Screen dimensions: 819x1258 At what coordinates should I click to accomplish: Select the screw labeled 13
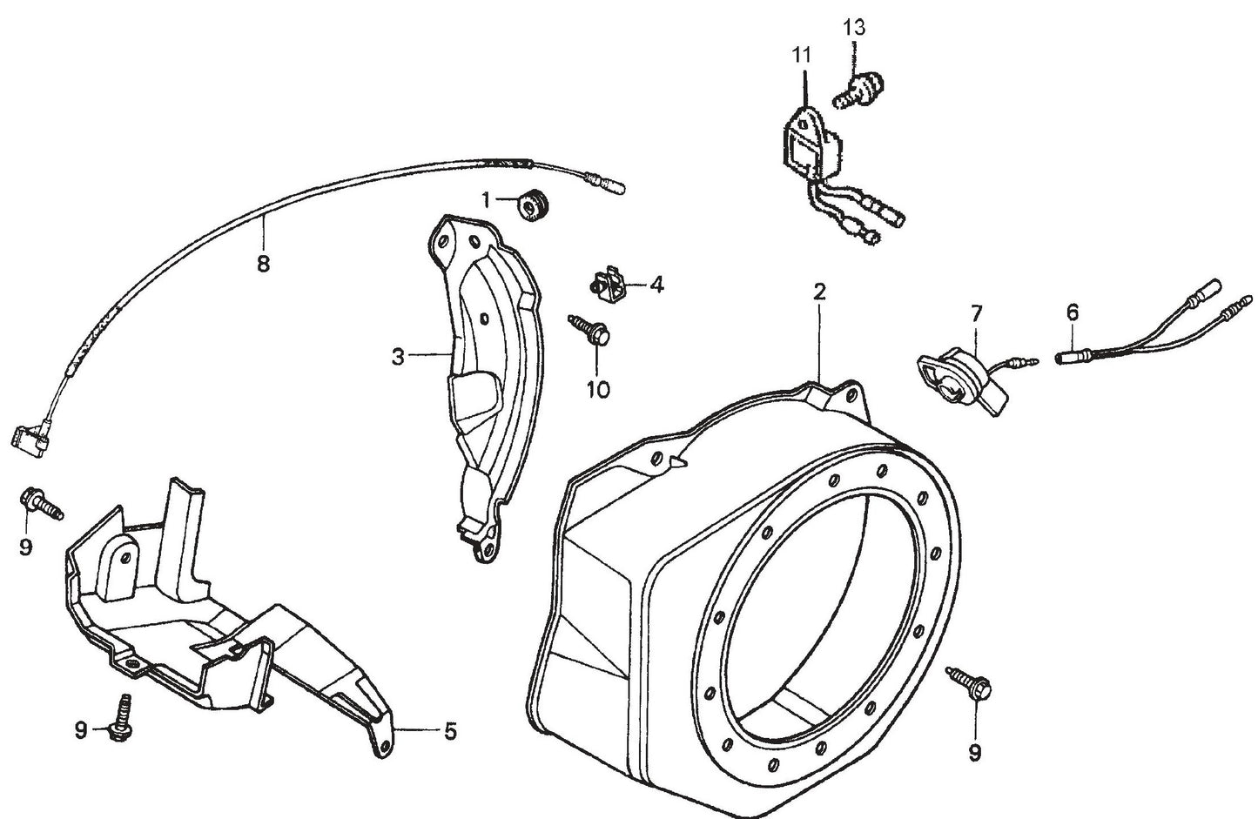pyautogui.click(x=858, y=89)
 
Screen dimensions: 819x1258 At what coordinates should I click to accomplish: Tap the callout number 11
pyautogui.click(x=801, y=55)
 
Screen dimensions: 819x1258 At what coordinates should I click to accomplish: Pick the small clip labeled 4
pyautogui.click(x=606, y=285)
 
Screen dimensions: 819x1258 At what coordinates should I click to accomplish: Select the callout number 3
pyautogui.click(x=397, y=356)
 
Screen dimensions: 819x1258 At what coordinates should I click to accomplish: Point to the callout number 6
pyautogui.click(x=1072, y=311)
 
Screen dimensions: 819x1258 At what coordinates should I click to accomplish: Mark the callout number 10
pyautogui.click(x=598, y=389)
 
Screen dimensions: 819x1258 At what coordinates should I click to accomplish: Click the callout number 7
pyautogui.click(x=975, y=311)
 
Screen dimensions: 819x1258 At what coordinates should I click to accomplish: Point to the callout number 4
pyautogui.click(x=656, y=285)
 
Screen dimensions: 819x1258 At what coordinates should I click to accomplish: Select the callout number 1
pyautogui.click(x=486, y=200)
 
